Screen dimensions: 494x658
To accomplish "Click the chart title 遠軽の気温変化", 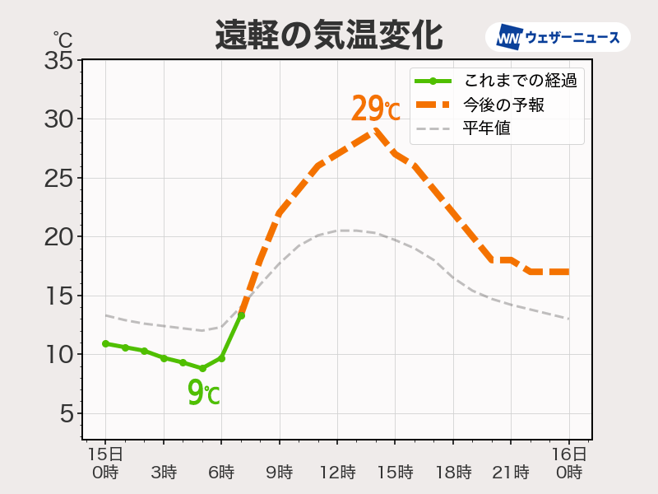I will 328,35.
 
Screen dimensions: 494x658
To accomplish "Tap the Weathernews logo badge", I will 558,37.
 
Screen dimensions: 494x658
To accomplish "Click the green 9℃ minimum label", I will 203,393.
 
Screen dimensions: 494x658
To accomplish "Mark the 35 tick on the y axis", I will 59,60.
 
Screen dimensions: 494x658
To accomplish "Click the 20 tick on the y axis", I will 59,237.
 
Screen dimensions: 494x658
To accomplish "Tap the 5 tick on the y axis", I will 66,414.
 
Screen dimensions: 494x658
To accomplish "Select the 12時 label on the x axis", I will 337,473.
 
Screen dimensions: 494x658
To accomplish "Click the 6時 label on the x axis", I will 221,473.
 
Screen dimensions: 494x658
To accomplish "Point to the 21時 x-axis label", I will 511,473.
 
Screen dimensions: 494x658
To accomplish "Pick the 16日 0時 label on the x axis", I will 568,464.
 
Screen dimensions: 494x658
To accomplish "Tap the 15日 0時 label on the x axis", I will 105,464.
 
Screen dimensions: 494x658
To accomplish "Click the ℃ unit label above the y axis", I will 63,38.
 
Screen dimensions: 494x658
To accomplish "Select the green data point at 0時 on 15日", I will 105,343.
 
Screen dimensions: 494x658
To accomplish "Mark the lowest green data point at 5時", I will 202,368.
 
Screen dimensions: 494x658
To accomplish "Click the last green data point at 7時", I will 241,315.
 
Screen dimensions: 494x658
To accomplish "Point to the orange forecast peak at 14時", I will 376,131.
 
